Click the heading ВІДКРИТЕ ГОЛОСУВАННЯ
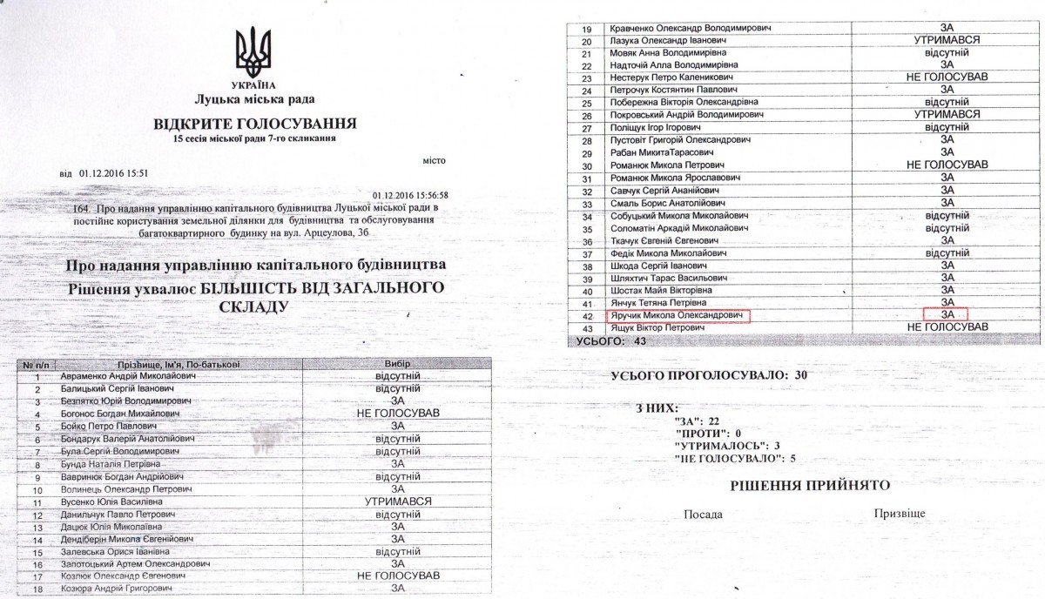(254, 122)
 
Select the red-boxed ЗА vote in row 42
(947, 314)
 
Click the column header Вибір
(396, 363)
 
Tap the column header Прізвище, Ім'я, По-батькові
(179, 363)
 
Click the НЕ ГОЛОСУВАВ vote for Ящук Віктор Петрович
(947, 326)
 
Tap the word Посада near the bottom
(704, 515)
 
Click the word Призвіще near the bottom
(900, 514)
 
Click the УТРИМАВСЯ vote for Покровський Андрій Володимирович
(947, 115)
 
